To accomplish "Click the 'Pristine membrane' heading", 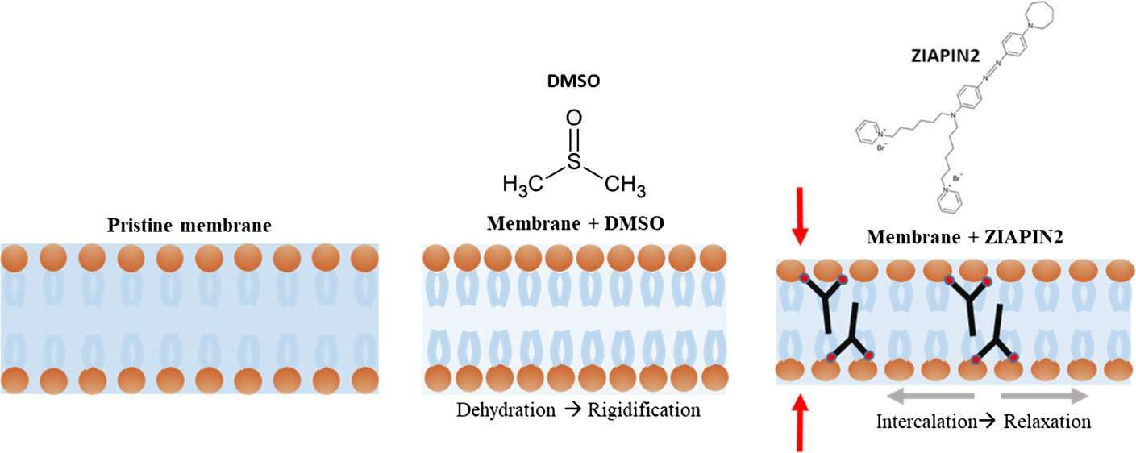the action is [189, 225].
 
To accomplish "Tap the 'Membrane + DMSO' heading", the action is [576, 223].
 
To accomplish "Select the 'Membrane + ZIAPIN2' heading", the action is [965, 237].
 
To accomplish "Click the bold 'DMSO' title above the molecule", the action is [573, 81].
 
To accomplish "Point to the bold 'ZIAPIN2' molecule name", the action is [945, 56].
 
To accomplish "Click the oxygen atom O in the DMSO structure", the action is [573, 118].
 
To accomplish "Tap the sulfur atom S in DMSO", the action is [573, 161].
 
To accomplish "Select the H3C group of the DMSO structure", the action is [523, 184].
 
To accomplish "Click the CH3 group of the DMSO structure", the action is [626, 185].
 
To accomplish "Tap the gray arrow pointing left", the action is [930, 396].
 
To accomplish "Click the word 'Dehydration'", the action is [506, 410].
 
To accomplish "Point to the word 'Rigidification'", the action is [643, 410].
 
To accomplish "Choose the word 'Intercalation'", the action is [926, 422].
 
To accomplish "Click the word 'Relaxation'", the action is [1047, 422].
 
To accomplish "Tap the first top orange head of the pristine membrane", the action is [15, 258].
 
